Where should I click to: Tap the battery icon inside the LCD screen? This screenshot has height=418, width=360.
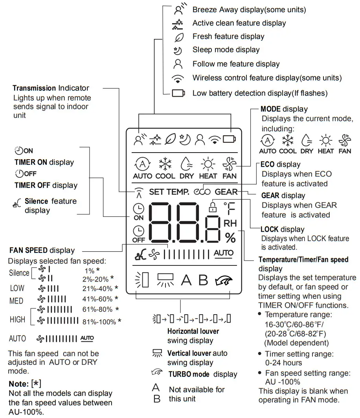(230, 139)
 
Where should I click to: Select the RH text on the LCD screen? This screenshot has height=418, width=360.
(230, 223)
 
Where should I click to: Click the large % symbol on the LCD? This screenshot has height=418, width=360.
(230, 238)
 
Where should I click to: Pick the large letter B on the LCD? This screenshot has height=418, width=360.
(203, 280)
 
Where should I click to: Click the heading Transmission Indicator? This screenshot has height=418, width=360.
(51, 88)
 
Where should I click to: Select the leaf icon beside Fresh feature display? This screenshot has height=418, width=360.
(179, 37)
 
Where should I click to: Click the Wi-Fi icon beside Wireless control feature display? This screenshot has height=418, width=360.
(178, 78)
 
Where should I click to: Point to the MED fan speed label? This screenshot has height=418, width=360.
(16, 301)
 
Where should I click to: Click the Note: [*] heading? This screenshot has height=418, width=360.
(24, 383)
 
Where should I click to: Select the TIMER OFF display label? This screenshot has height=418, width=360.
(46, 185)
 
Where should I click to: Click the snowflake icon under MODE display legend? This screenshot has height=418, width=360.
(288, 140)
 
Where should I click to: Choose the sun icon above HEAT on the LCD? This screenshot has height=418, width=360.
(208, 163)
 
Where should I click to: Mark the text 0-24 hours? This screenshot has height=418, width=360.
(284, 363)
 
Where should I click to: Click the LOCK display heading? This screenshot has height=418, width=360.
(283, 229)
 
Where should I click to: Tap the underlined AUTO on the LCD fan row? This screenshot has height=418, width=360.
(224, 253)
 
